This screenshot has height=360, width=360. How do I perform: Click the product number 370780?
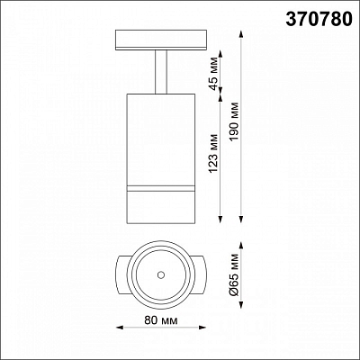coord(319,19)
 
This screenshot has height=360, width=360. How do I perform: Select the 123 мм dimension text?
coord(213,153)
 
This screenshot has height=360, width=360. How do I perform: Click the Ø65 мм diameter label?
coord(235,275)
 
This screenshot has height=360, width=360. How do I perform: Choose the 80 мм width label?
coord(161,320)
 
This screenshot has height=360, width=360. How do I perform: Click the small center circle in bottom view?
coord(161,274)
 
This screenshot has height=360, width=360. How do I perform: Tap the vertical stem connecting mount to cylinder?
coord(161,72)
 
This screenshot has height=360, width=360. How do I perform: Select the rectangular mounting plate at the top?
coord(161,40)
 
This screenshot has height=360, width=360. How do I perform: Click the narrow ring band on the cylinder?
coord(161,188)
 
